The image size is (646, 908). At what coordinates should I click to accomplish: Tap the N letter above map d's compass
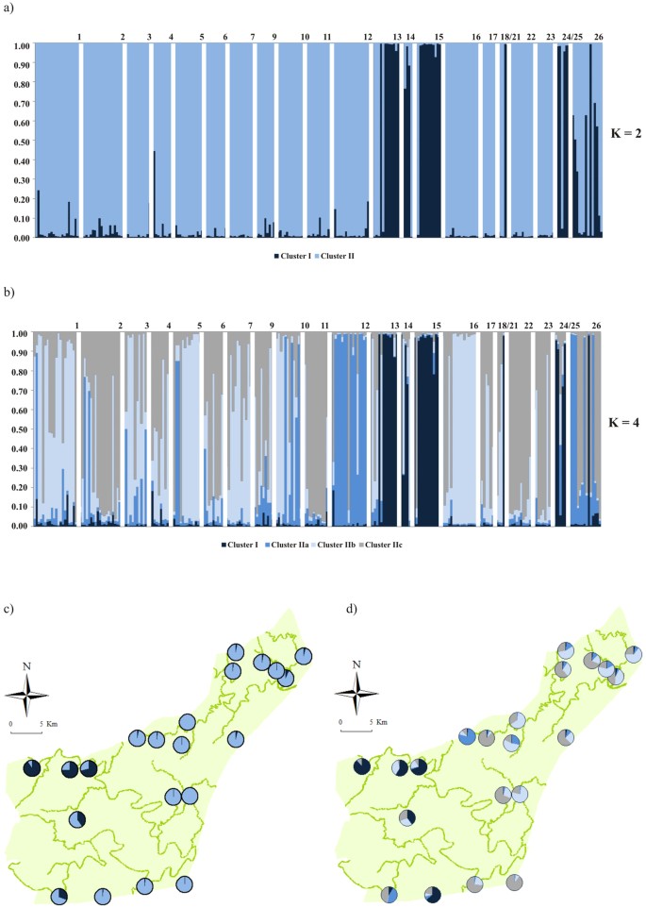(356, 665)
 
